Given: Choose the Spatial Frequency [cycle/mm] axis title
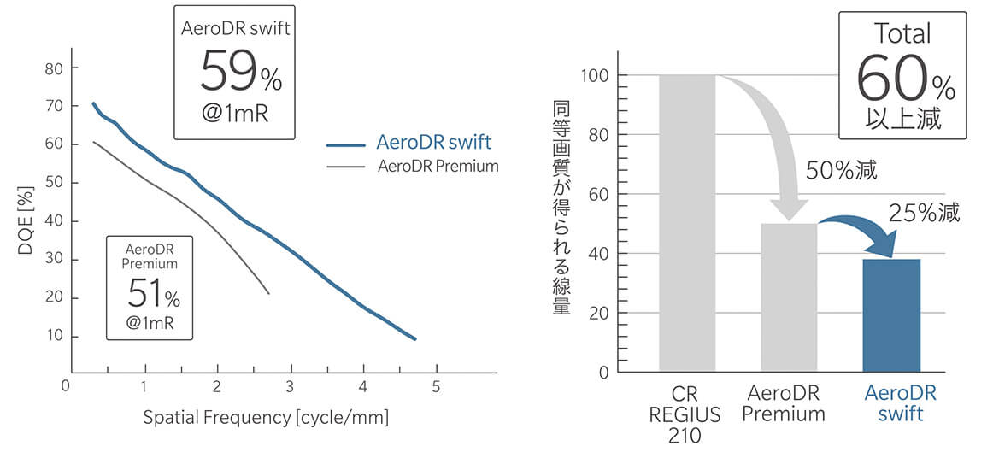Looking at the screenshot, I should point(266,418).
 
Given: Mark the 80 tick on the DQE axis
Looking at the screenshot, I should point(54,68).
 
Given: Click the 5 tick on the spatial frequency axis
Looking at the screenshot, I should point(436,386).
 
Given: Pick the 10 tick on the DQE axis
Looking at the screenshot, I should point(54,336).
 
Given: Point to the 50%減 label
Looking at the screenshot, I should point(842,170).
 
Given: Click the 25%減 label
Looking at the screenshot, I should point(924,213).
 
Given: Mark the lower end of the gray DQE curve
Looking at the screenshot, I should point(269,294).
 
